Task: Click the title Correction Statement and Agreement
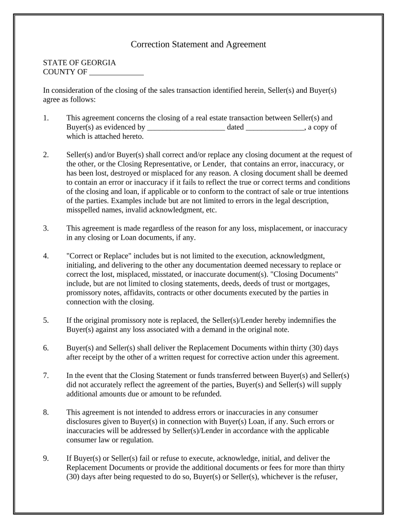click(198, 44)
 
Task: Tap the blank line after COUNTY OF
click(116, 72)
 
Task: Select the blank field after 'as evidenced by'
click(186, 127)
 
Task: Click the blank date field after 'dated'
click(275, 127)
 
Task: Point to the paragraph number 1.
click(46, 118)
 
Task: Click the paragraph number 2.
click(46, 155)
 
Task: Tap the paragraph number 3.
click(46, 228)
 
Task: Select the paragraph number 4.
click(46, 256)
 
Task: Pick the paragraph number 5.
click(46, 320)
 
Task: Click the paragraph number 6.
click(46, 348)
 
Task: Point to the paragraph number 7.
click(46, 375)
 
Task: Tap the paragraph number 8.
click(46, 412)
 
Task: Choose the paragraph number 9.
click(46, 458)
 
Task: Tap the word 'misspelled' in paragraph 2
click(84, 210)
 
